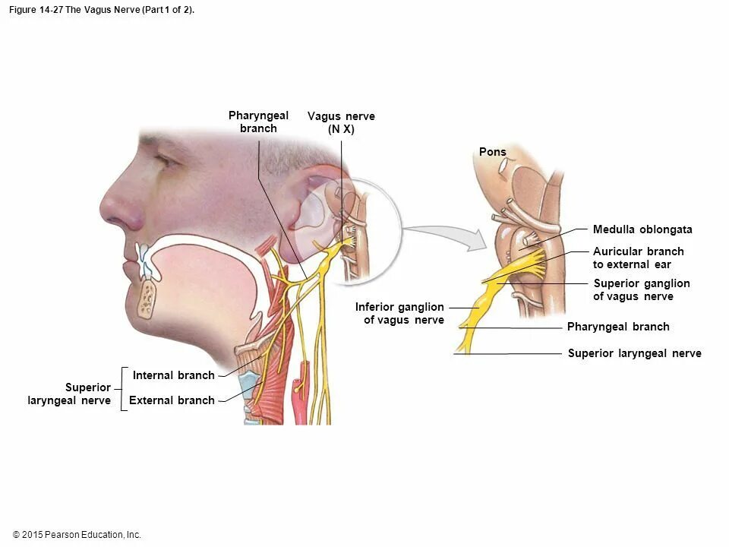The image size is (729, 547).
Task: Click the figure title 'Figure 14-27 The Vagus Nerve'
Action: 102,10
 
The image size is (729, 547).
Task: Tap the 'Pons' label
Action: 492,152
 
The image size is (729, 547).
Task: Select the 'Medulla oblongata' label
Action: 642,229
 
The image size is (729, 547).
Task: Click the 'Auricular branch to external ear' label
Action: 638,258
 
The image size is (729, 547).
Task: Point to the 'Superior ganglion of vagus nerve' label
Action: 641,289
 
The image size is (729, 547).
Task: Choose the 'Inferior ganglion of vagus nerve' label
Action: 400,313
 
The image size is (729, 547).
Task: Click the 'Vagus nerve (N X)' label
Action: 341,122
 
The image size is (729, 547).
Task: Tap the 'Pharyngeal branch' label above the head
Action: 258,122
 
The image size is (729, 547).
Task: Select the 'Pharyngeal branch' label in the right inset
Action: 618,327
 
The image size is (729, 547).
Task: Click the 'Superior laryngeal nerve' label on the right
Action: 634,353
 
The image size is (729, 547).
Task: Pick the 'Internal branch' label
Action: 173,375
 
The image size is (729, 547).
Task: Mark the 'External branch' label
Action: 172,400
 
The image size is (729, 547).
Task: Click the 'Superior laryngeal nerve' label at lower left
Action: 70,394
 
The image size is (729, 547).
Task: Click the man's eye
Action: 166,161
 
